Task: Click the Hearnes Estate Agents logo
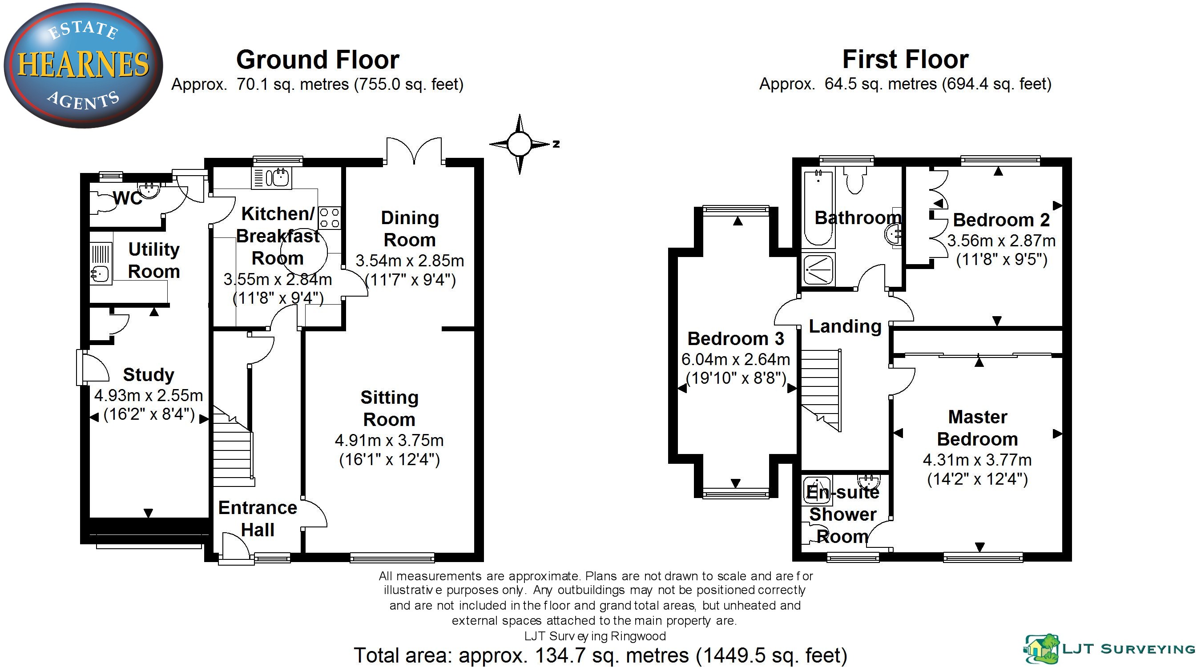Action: pyautogui.click(x=83, y=65)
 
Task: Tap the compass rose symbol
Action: pyautogui.click(x=519, y=144)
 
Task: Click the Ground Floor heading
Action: pyautogui.click(x=318, y=60)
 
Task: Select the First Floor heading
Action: pyautogui.click(x=905, y=59)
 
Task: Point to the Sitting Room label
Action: pyautogui.click(x=389, y=408)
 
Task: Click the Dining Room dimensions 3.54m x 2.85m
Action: pyautogui.click(x=410, y=261)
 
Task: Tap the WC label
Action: pyautogui.click(x=127, y=198)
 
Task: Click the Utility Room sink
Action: pyautogui.click(x=100, y=272)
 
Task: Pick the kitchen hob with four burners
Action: pyautogui.click(x=329, y=218)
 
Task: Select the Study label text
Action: pyautogui.click(x=148, y=375)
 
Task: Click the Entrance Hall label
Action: pyautogui.click(x=258, y=519)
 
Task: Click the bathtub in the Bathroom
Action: pyautogui.click(x=818, y=207)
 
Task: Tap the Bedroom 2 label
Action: pyautogui.click(x=1001, y=220)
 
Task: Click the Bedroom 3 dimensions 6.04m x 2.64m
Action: pyautogui.click(x=736, y=359)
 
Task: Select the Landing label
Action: pyautogui.click(x=845, y=326)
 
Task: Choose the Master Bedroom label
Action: pyautogui.click(x=977, y=428)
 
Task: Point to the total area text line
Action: pyautogui.click(x=600, y=655)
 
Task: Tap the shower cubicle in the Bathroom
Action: pyautogui.click(x=818, y=269)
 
